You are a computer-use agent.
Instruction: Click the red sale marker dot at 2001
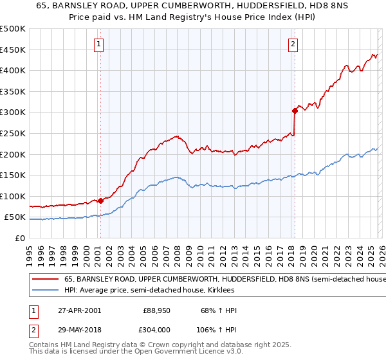click(x=101, y=201)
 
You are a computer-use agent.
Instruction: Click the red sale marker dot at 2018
click(x=295, y=111)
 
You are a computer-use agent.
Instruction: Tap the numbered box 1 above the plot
click(x=99, y=44)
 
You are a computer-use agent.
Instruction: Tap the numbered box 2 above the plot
click(x=293, y=44)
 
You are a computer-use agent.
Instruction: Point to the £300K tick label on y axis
click(x=13, y=113)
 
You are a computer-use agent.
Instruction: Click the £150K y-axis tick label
click(x=13, y=175)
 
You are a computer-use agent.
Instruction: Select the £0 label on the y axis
click(x=19, y=238)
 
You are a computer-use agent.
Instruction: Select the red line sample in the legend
click(x=46, y=279)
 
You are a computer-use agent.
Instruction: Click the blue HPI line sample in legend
click(x=46, y=291)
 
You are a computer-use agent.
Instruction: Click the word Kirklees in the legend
click(x=219, y=291)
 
